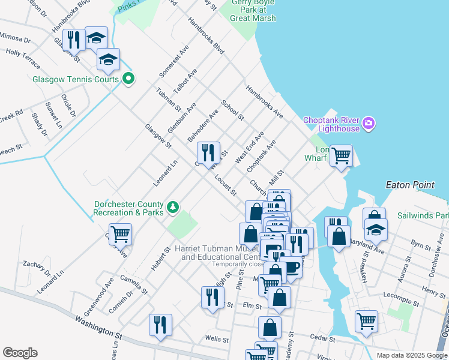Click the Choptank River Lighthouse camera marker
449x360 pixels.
tap(369, 124)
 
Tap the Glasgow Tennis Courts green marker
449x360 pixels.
tap(128, 79)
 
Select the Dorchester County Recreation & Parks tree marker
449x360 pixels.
tap(173, 207)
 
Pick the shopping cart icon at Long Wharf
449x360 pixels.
tap(341, 156)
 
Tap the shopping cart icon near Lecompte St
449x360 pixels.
tap(366, 320)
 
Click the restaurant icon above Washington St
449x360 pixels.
tap(160, 325)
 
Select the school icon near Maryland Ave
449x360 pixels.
tap(376, 230)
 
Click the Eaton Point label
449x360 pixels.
tap(410, 185)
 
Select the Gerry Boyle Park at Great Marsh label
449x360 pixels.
tap(253, 10)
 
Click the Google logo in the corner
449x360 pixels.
tap(20, 352)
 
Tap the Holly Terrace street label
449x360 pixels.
tap(23, 58)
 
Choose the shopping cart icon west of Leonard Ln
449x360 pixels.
tap(120, 234)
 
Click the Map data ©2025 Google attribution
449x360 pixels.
tap(411, 355)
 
